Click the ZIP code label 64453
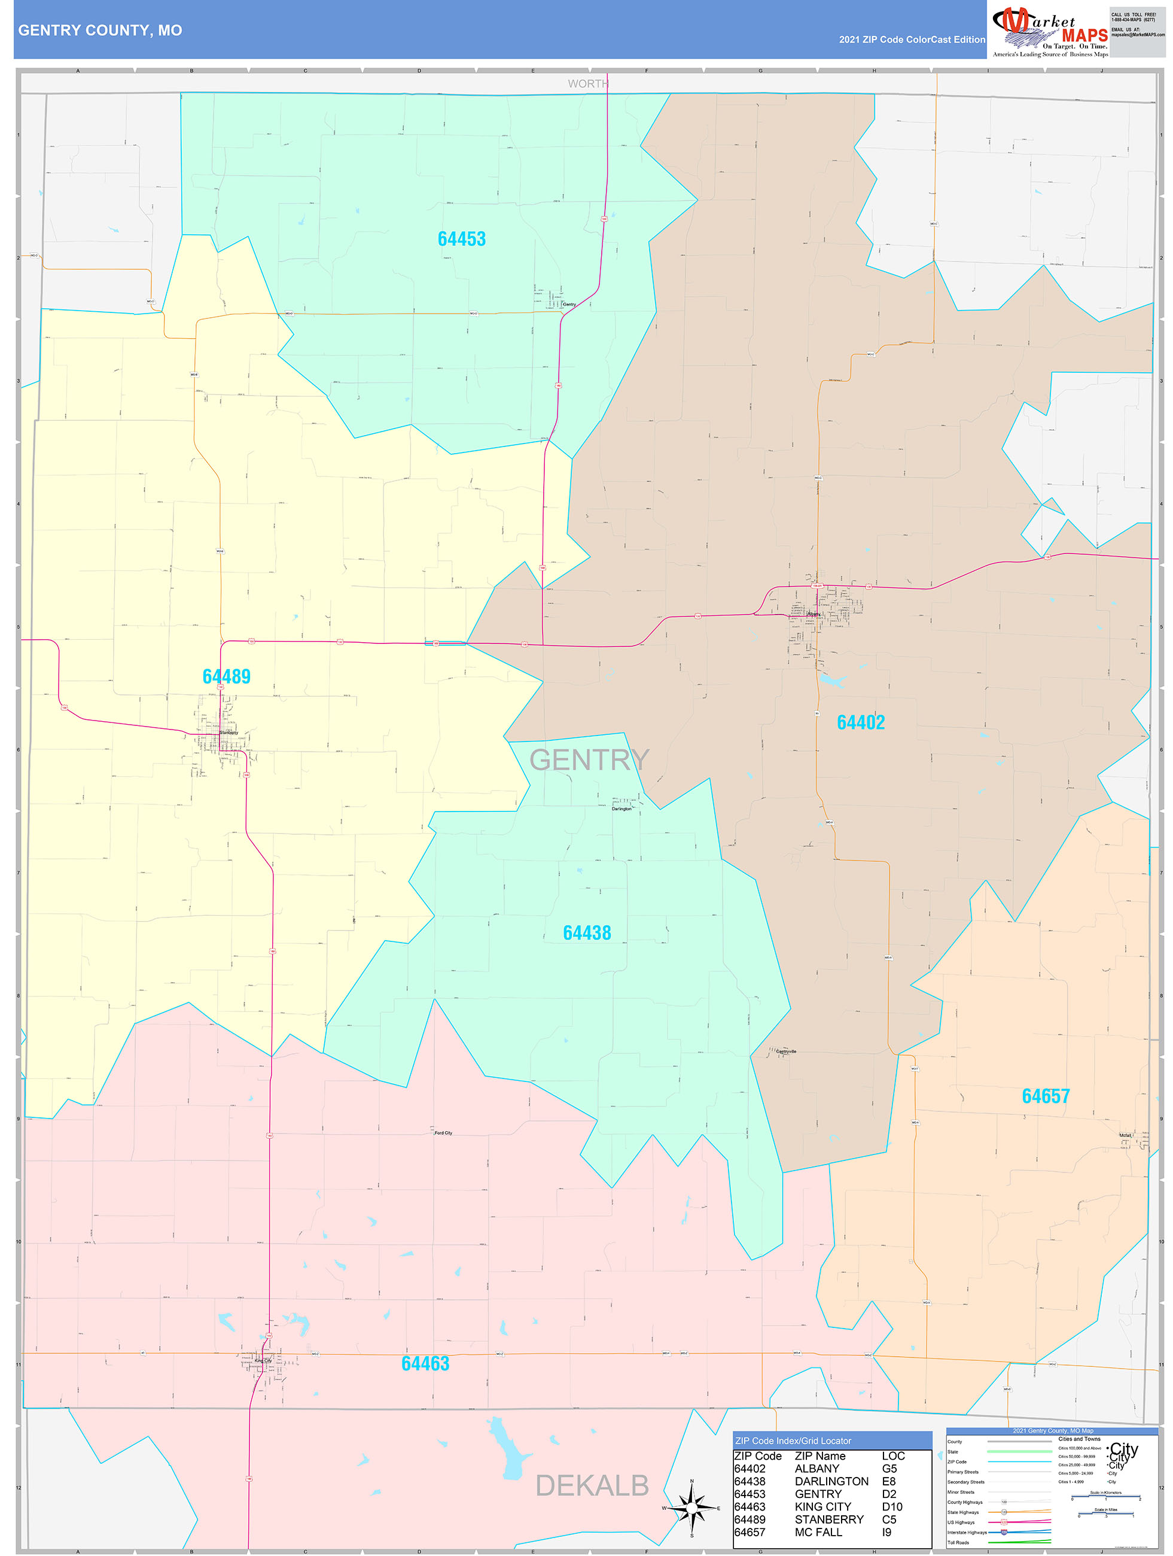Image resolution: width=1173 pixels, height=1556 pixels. pyautogui.click(x=461, y=239)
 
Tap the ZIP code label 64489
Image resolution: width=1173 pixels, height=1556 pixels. pyautogui.click(x=227, y=676)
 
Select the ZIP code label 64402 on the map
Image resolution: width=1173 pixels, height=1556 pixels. pyautogui.click(x=860, y=722)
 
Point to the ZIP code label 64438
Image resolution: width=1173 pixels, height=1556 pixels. pyautogui.click(x=586, y=933)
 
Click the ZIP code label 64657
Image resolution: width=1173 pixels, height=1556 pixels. pyautogui.click(x=1045, y=1096)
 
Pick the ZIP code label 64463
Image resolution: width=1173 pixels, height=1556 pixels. pyautogui.click(x=425, y=1363)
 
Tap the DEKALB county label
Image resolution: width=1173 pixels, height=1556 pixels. pyautogui.click(x=592, y=1485)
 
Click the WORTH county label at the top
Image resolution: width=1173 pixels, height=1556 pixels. pyautogui.click(x=588, y=84)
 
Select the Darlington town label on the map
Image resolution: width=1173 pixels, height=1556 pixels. pyautogui.click(x=621, y=809)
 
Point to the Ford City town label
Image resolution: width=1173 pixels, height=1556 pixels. pyautogui.click(x=443, y=1133)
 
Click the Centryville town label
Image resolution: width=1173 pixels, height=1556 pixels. pyautogui.click(x=786, y=1051)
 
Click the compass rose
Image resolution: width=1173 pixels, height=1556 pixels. pyautogui.click(x=692, y=1508)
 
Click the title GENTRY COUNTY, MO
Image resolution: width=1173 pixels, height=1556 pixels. pyautogui.click(x=100, y=31)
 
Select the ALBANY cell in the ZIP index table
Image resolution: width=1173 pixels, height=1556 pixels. pyautogui.click(x=816, y=1469)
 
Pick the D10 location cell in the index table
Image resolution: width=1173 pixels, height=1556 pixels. pyautogui.click(x=892, y=1507)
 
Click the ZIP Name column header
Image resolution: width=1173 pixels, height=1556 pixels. pyautogui.click(x=820, y=1456)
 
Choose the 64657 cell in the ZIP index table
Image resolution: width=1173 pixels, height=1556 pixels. pyautogui.click(x=749, y=1532)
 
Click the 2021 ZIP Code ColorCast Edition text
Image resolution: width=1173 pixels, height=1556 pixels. pyautogui.click(x=912, y=39)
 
